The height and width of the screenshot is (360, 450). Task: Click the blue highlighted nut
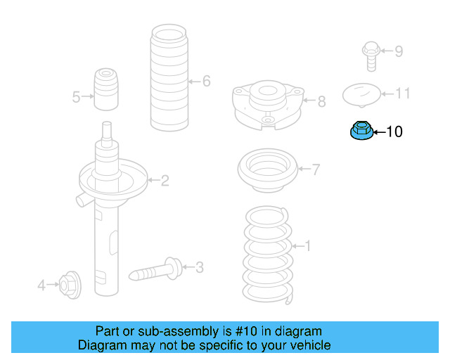point(361,131)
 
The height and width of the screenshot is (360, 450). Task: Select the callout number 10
point(394,131)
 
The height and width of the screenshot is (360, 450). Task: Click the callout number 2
point(165,181)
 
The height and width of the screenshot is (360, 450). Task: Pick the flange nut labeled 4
point(69,284)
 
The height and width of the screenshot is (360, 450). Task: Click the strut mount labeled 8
point(266,103)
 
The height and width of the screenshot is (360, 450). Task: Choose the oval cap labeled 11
point(361,94)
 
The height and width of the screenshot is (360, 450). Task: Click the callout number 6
point(206,82)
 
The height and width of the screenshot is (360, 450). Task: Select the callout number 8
point(321,102)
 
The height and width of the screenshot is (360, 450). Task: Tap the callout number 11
point(402,94)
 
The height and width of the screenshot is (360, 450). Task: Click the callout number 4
point(41,285)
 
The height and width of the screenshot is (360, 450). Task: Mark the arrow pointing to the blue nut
point(379,131)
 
